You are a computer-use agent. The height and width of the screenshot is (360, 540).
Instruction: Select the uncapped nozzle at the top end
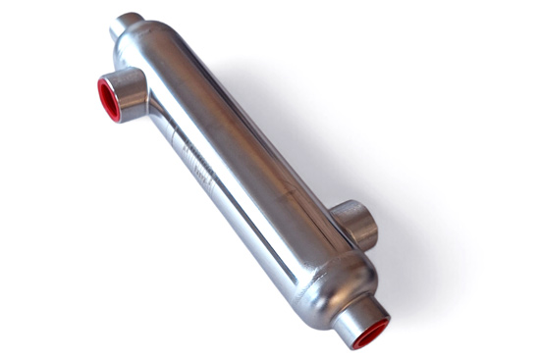126,25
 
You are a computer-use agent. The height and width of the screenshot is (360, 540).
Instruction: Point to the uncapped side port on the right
355,222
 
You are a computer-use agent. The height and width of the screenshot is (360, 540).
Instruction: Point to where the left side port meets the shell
147,98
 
